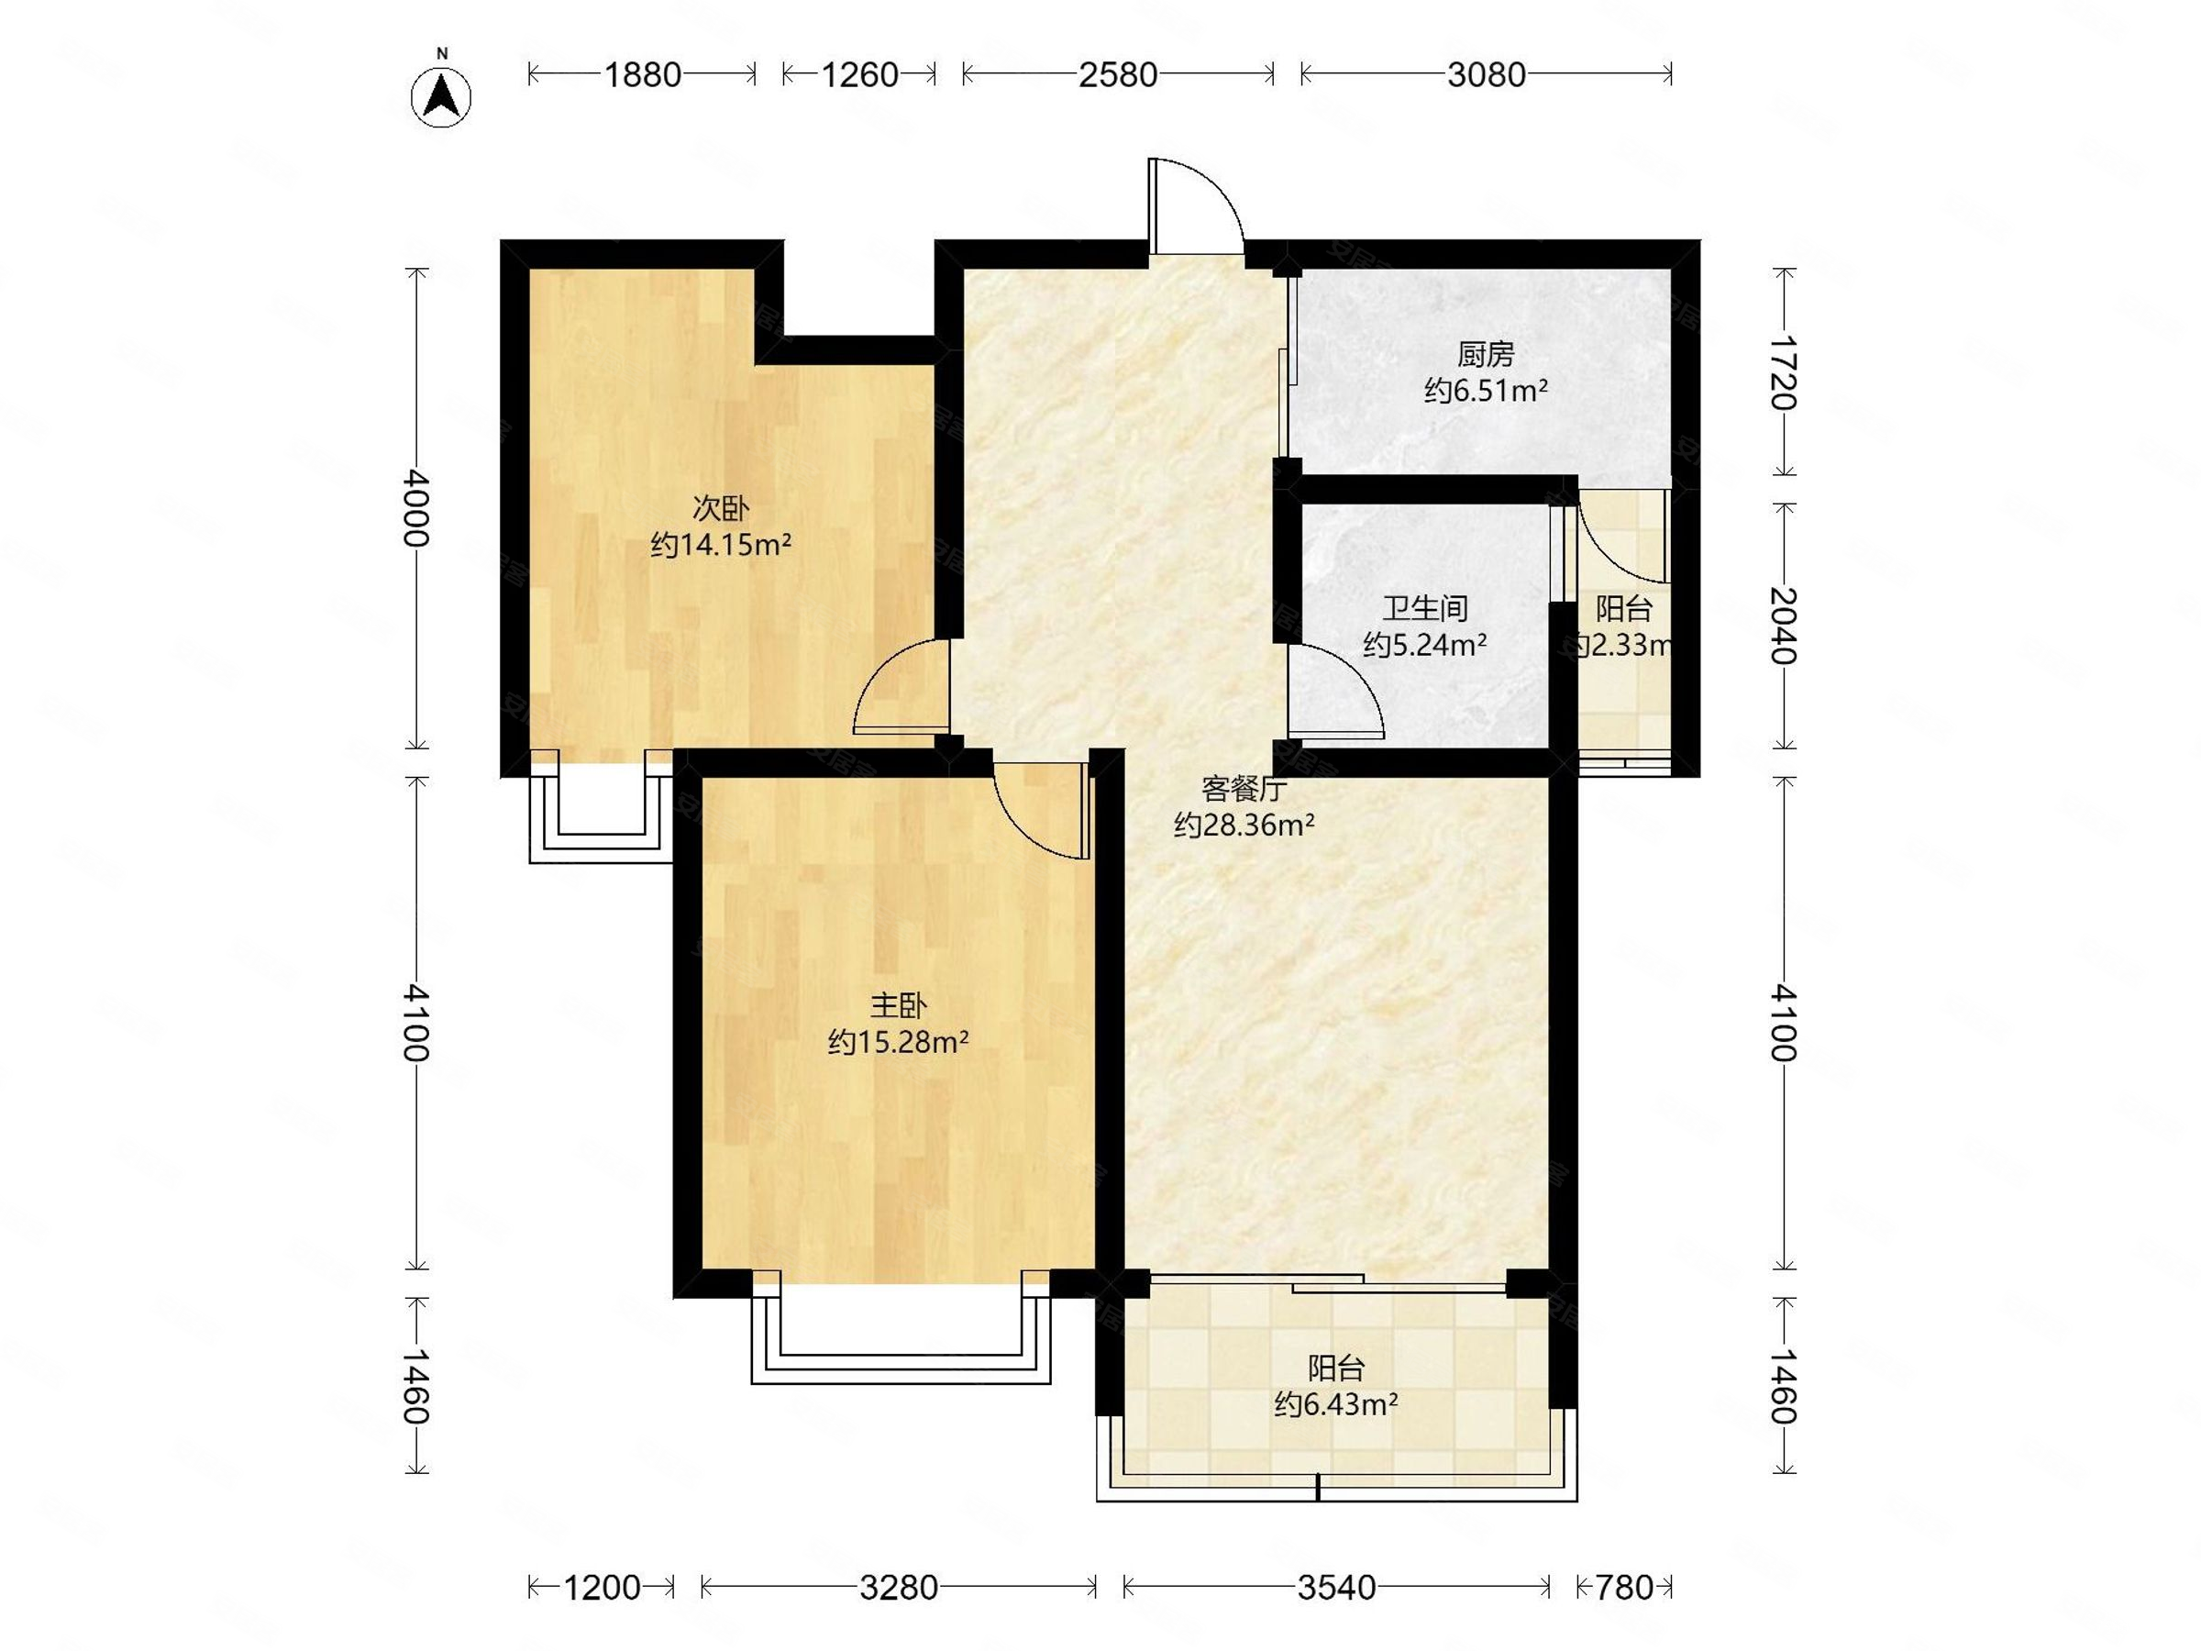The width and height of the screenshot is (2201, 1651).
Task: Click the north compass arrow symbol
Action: click(x=441, y=96)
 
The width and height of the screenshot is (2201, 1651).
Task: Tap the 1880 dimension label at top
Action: click(x=643, y=74)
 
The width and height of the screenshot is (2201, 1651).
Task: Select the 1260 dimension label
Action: click(x=859, y=74)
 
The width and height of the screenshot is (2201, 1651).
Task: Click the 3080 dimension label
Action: click(x=1486, y=74)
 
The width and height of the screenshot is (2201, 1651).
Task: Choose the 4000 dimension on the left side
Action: click(x=416, y=507)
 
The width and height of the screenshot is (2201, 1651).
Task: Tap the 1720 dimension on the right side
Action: click(x=1783, y=373)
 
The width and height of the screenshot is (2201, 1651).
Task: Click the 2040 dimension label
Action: click(x=1783, y=625)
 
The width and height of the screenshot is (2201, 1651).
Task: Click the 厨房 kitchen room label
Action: click(x=1486, y=354)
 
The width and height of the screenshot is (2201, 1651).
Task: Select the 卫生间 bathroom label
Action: click(x=1425, y=608)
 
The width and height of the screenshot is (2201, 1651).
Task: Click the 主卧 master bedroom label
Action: click(x=899, y=1006)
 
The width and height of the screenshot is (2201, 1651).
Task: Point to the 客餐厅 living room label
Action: click(x=1244, y=789)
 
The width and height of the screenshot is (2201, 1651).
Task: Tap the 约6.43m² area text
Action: click(x=1336, y=1404)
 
